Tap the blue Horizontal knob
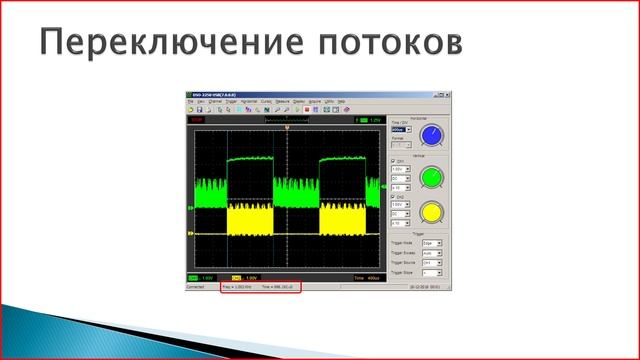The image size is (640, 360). coord(431,135)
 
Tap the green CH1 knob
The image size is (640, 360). coord(431,178)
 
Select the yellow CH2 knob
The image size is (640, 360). coord(431,213)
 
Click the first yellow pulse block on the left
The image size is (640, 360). coord(250,220)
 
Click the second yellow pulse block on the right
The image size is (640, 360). coord(340,220)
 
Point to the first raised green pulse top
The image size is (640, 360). coord(250,159)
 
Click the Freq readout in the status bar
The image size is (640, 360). coord(236,286)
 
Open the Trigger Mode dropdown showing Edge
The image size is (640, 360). coord(431,242)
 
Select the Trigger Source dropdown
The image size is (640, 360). coord(431,262)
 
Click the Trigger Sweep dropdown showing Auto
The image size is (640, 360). coord(431,252)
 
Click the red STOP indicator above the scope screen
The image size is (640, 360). coord(196,120)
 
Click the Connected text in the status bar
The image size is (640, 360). coord(196,286)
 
